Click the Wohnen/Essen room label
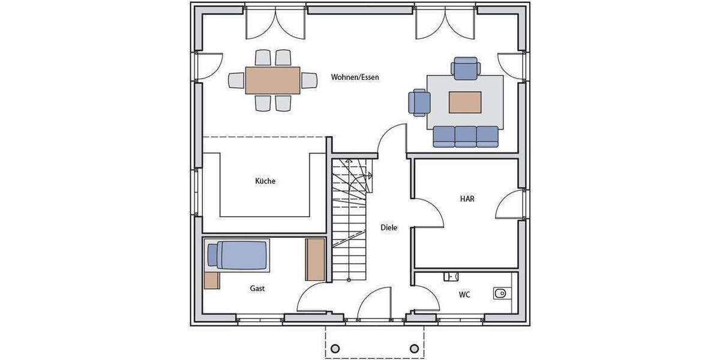[355, 77]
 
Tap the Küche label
[265, 181]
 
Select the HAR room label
[467, 199]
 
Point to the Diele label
[389, 228]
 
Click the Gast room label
[257, 289]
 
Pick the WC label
[464, 295]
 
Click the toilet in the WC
[500, 293]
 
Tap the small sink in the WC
[451, 276]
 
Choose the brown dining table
[272, 80]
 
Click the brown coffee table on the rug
[465, 103]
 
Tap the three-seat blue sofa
[466, 137]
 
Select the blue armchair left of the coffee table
[419, 102]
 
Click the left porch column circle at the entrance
[335, 349]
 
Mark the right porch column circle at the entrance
[414, 349]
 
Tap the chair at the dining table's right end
[309, 80]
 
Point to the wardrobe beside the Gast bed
[315, 259]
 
